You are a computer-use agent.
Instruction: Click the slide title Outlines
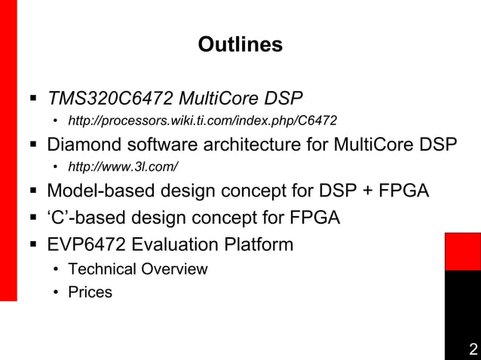(x=240, y=45)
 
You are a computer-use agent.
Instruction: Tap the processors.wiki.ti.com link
(x=202, y=121)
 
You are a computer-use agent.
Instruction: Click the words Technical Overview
(x=137, y=269)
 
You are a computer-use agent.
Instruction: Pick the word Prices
(x=90, y=292)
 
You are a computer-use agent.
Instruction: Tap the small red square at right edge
(x=462, y=251)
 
